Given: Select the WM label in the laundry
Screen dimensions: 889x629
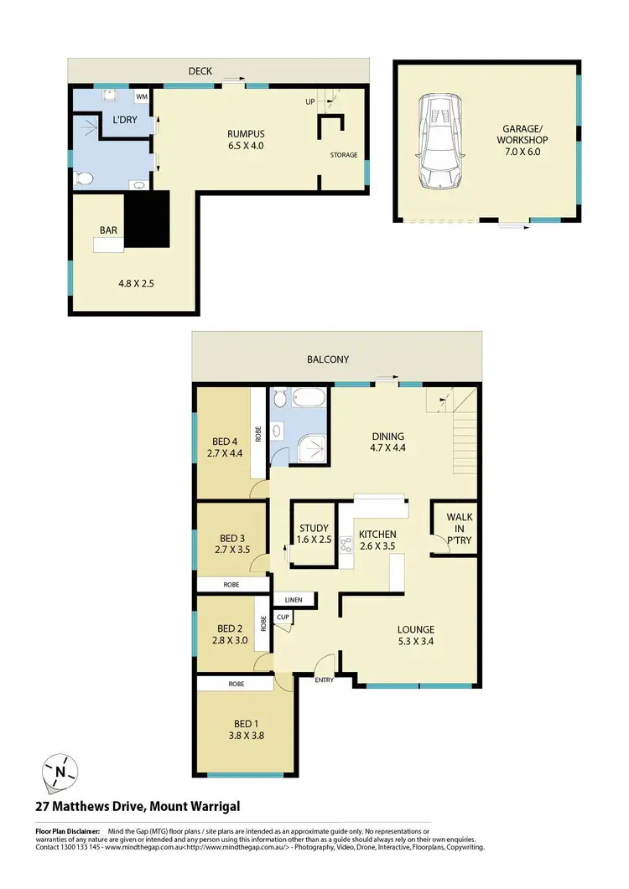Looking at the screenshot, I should pos(142,97).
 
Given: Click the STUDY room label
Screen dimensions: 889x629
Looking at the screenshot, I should pos(314,528).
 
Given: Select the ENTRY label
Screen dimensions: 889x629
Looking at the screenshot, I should pos(325,680).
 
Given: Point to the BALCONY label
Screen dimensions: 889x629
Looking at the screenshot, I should pos(328,359).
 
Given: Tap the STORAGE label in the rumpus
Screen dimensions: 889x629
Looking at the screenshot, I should pos(343,155).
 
